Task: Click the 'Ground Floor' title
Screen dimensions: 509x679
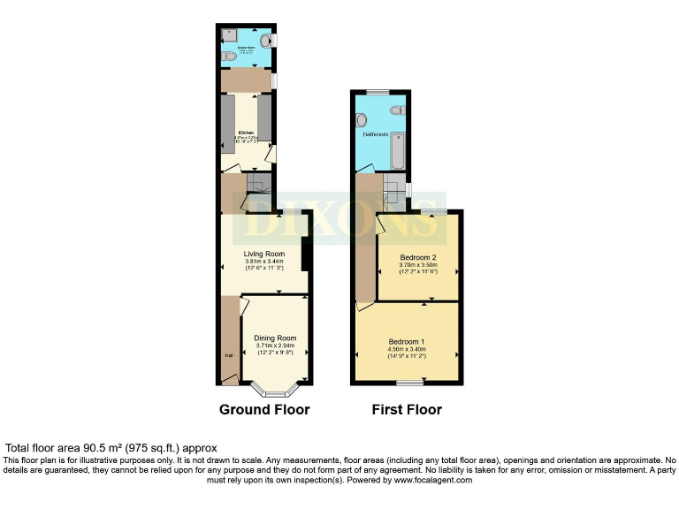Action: coord(264,410)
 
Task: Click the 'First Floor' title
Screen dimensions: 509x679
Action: coord(407,410)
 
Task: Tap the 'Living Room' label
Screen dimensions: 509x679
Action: coord(263,254)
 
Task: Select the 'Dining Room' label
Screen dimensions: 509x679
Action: coord(276,338)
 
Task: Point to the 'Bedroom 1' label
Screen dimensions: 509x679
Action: coord(407,341)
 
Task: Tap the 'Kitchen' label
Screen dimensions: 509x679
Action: coord(246,133)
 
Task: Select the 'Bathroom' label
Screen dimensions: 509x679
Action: coord(374,135)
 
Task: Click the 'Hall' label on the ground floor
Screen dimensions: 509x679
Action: coord(228,356)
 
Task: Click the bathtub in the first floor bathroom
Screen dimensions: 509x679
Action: coord(398,150)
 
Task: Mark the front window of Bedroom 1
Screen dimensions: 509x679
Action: coord(408,384)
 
